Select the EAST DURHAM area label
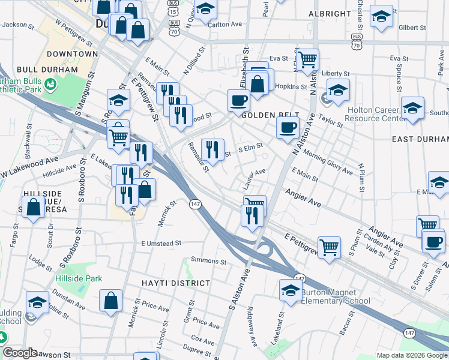(x=420, y=139)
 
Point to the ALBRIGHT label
(x=330, y=13)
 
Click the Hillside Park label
(x=79, y=278)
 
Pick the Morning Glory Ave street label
(x=327, y=162)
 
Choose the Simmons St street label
(x=208, y=261)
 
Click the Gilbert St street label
(x=411, y=28)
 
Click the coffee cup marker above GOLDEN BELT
(x=238, y=100)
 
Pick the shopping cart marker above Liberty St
(x=308, y=59)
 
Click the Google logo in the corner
(x=20, y=353)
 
